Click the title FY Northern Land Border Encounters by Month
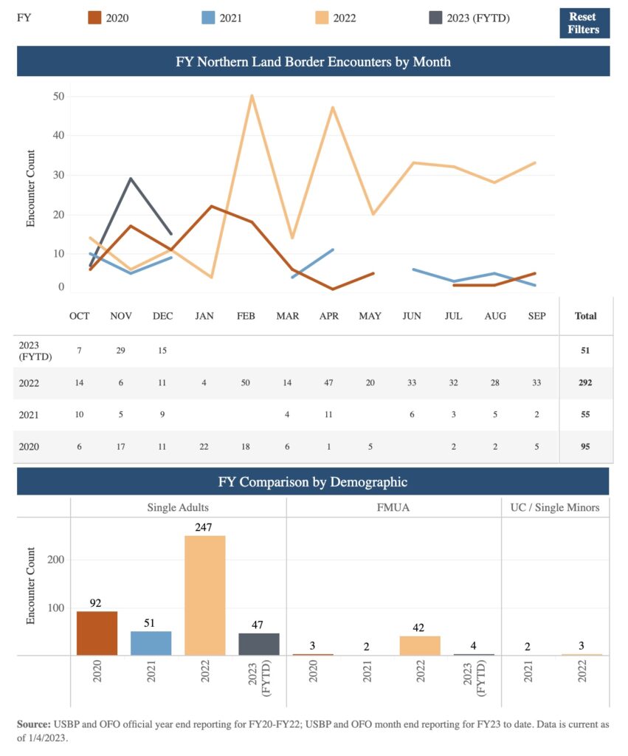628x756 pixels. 313,62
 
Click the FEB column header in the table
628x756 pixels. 246,316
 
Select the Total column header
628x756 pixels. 585,316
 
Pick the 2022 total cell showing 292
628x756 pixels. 585,383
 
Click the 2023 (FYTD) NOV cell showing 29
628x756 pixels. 121,351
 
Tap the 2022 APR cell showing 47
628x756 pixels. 328,383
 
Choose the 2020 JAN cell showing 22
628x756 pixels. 204,447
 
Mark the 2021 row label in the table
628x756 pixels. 29,415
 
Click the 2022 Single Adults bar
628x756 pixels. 205,595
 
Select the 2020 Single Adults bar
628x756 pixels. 97,633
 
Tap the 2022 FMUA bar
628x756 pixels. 420,645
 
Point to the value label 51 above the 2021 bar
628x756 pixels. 151,623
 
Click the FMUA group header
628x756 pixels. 393,507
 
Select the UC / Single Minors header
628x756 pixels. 555,507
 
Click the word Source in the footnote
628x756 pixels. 34,724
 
